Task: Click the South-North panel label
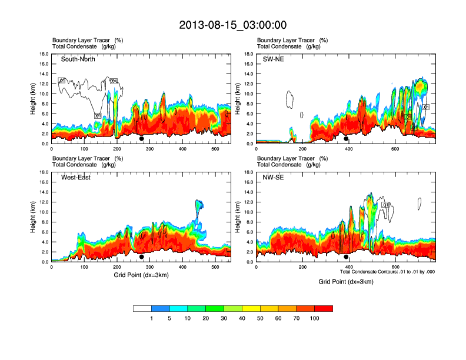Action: pyautogui.click(x=78, y=59)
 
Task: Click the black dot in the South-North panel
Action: pyautogui.click(x=141, y=139)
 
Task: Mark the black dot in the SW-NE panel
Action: pyautogui.click(x=346, y=139)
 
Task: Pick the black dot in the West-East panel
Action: pyautogui.click(x=141, y=257)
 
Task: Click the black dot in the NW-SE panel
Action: pyautogui.click(x=346, y=257)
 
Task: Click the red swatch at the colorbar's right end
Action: pyautogui.click(x=324, y=308)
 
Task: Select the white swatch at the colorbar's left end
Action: pyautogui.click(x=142, y=308)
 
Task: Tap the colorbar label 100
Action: pyautogui.click(x=315, y=318)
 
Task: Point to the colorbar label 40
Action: pyautogui.click(x=242, y=318)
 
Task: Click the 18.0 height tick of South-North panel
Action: pyautogui.click(x=44, y=54)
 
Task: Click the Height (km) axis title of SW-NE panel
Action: pyautogui.click(x=238, y=99)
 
